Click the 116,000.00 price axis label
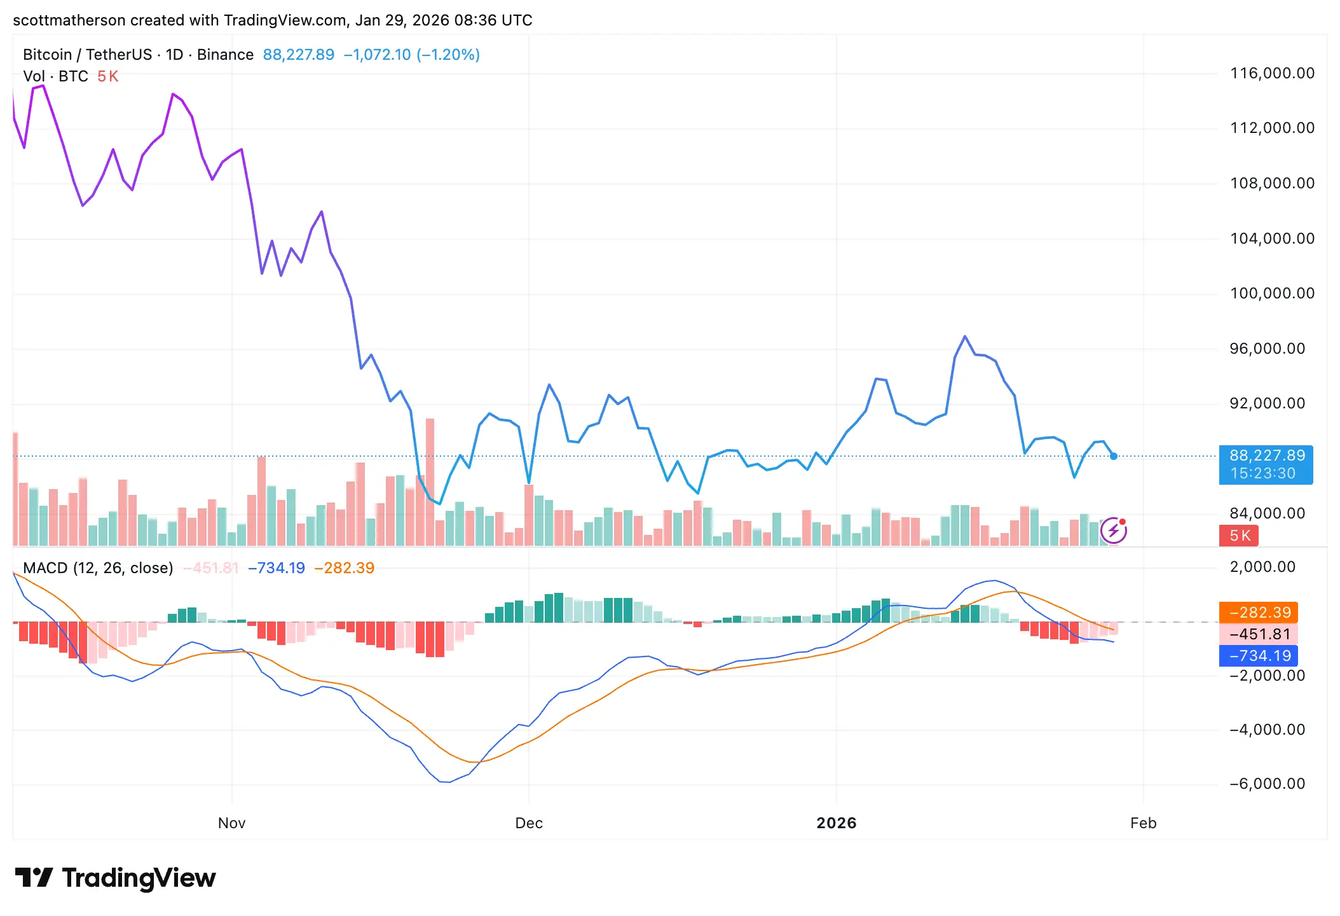[x=1272, y=73]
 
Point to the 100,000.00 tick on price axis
[x=1272, y=293]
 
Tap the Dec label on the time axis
[x=528, y=823]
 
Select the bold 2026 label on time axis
[x=836, y=823]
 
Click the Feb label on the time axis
[x=1143, y=823]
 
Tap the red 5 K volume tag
[x=1238, y=536]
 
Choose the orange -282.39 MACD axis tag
[x=1258, y=613]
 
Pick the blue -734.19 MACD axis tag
[x=1258, y=656]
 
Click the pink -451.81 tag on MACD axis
[x=1258, y=634]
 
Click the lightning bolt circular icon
[x=1113, y=531]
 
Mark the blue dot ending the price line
[x=1114, y=456]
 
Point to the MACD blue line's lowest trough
[x=446, y=782]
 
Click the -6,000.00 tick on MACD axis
[x=1267, y=784]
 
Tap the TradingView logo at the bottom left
[x=116, y=878]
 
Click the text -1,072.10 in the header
[x=377, y=55]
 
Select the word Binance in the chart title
[x=225, y=55]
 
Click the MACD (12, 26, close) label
[x=98, y=568]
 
